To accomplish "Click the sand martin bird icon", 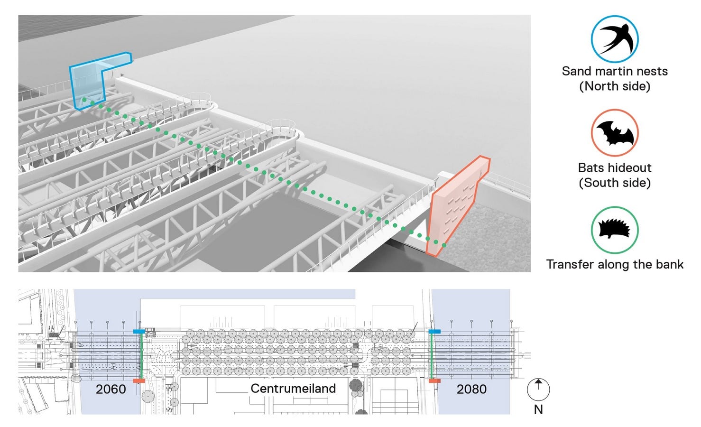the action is tap(615, 39).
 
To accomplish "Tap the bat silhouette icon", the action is tap(615, 133).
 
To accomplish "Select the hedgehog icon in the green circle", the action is tap(615, 230).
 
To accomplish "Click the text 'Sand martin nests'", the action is tap(615, 71).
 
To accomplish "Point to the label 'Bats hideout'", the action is tap(615, 168).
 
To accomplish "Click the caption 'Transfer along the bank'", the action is tap(615, 265).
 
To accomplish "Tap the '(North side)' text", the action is tap(615, 86).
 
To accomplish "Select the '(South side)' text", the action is tap(615, 183).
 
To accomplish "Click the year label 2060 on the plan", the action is tap(111, 389).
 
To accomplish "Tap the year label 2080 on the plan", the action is tap(471, 389).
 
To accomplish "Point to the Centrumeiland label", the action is tap(293, 389).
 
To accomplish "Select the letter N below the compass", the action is tap(538, 409).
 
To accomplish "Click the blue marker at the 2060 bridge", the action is tap(139, 331).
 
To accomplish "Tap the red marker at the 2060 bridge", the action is tap(139, 381).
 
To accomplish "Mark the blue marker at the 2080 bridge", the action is tap(434, 331).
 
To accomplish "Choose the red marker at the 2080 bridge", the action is tap(434, 381).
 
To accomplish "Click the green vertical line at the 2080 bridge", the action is tap(432, 356).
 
